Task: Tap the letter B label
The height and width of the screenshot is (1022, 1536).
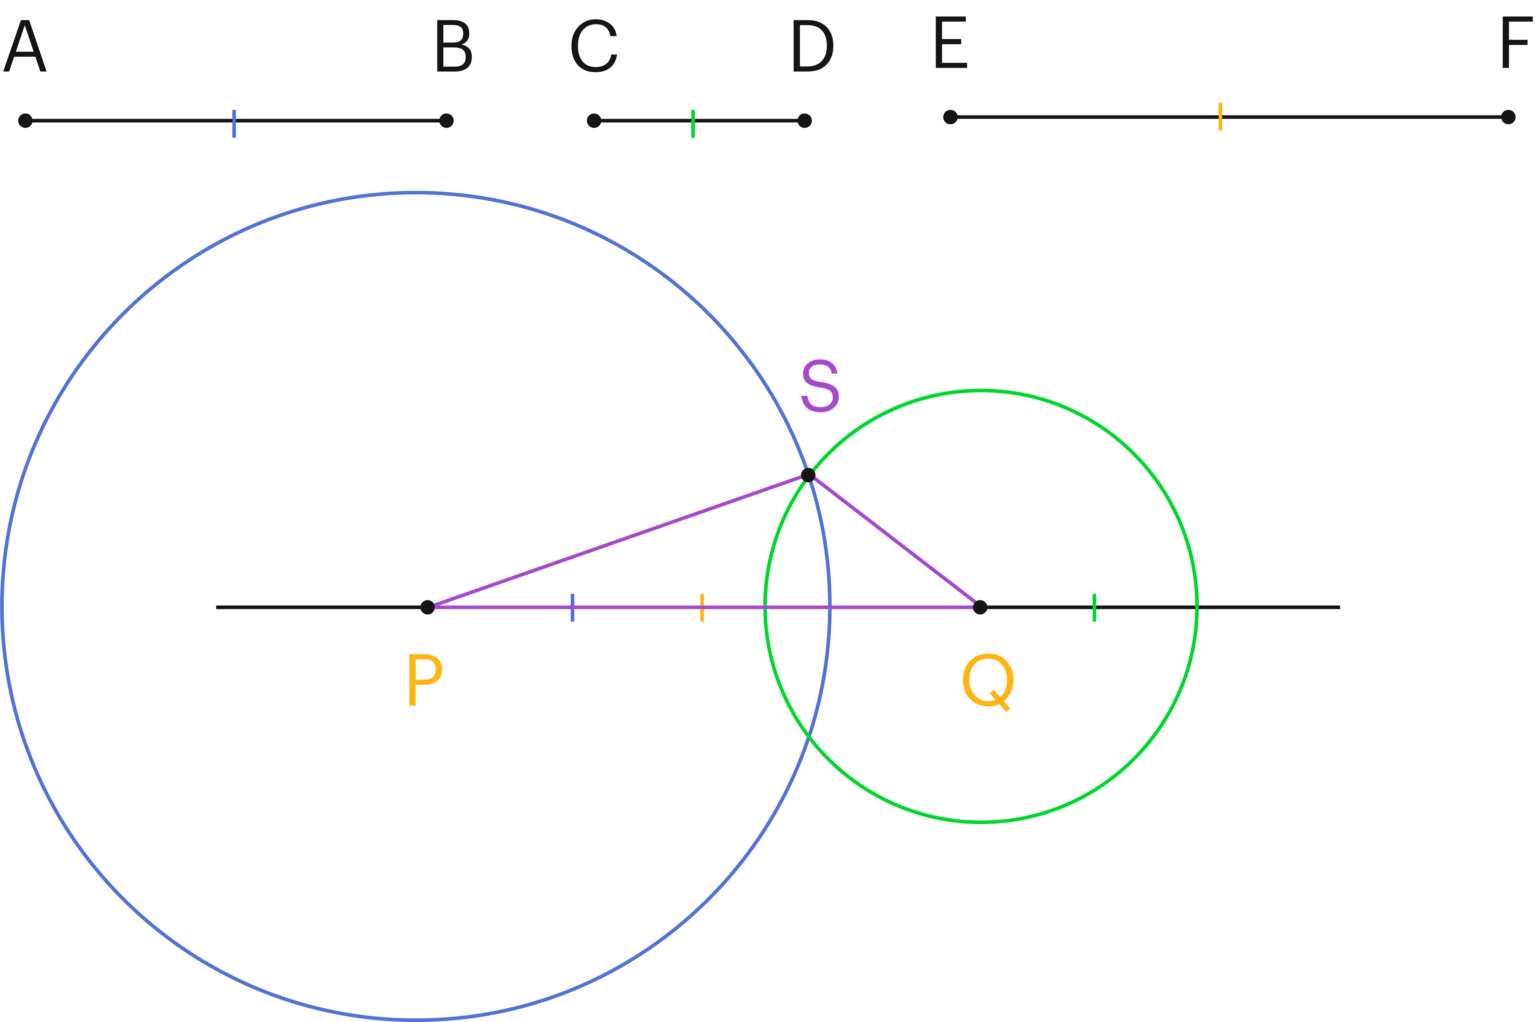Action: coord(453,46)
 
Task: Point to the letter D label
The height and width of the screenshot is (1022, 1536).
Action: coord(812,46)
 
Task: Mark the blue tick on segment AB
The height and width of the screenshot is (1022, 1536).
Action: coord(234,124)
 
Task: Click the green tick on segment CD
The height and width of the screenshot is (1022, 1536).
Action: coord(693,124)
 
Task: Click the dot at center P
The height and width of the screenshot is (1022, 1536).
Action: coord(428,608)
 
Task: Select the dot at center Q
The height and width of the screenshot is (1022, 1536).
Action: coord(980,608)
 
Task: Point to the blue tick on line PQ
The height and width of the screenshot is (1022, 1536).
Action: coord(572,608)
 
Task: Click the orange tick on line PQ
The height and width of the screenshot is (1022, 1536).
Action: coord(702,608)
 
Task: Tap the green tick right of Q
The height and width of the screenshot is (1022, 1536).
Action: coord(1095,608)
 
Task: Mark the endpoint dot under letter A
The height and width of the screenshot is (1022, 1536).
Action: coord(25,121)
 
